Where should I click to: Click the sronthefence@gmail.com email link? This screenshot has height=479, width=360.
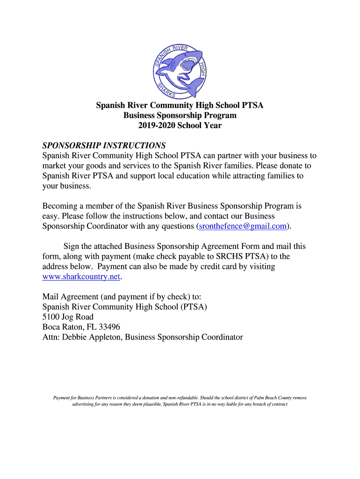[x=242, y=226]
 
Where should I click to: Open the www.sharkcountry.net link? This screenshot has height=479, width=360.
[x=81, y=276]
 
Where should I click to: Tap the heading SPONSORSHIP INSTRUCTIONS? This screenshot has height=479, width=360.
[x=104, y=145]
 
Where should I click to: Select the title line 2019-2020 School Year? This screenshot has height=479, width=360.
[x=180, y=125]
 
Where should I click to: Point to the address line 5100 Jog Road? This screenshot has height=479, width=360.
[x=68, y=317]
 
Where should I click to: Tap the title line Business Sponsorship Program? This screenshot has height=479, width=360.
[x=180, y=115]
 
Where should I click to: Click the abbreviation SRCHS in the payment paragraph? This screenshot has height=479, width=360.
[x=229, y=256]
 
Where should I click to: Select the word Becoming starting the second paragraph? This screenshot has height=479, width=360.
[x=60, y=206]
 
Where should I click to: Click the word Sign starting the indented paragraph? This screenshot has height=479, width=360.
[x=72, y=246]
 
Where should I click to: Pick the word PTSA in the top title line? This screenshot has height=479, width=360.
[x=253, y=105]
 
